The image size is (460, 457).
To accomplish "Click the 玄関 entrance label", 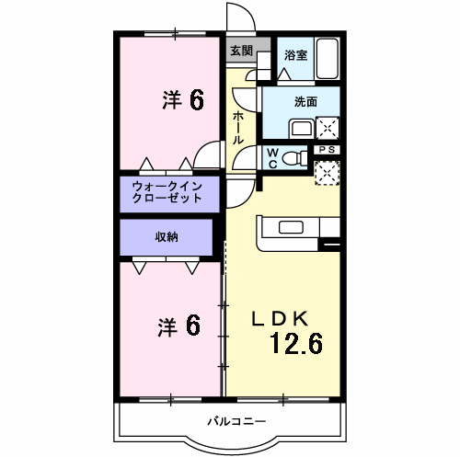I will click(x=241, y=51).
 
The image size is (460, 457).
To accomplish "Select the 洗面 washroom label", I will click(x=306, y=102).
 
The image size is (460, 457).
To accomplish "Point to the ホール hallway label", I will click(x=238, y=127).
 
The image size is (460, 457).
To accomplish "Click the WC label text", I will click(x=273, y=158).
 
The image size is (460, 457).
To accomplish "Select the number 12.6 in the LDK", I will click(x=296, y=344).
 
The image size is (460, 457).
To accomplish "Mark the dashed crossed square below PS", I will click(x=327, y=172).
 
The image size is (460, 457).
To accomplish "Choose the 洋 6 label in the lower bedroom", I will click(x=178, y=326).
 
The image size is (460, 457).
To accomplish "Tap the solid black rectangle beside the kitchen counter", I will click(x=329, y=246).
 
